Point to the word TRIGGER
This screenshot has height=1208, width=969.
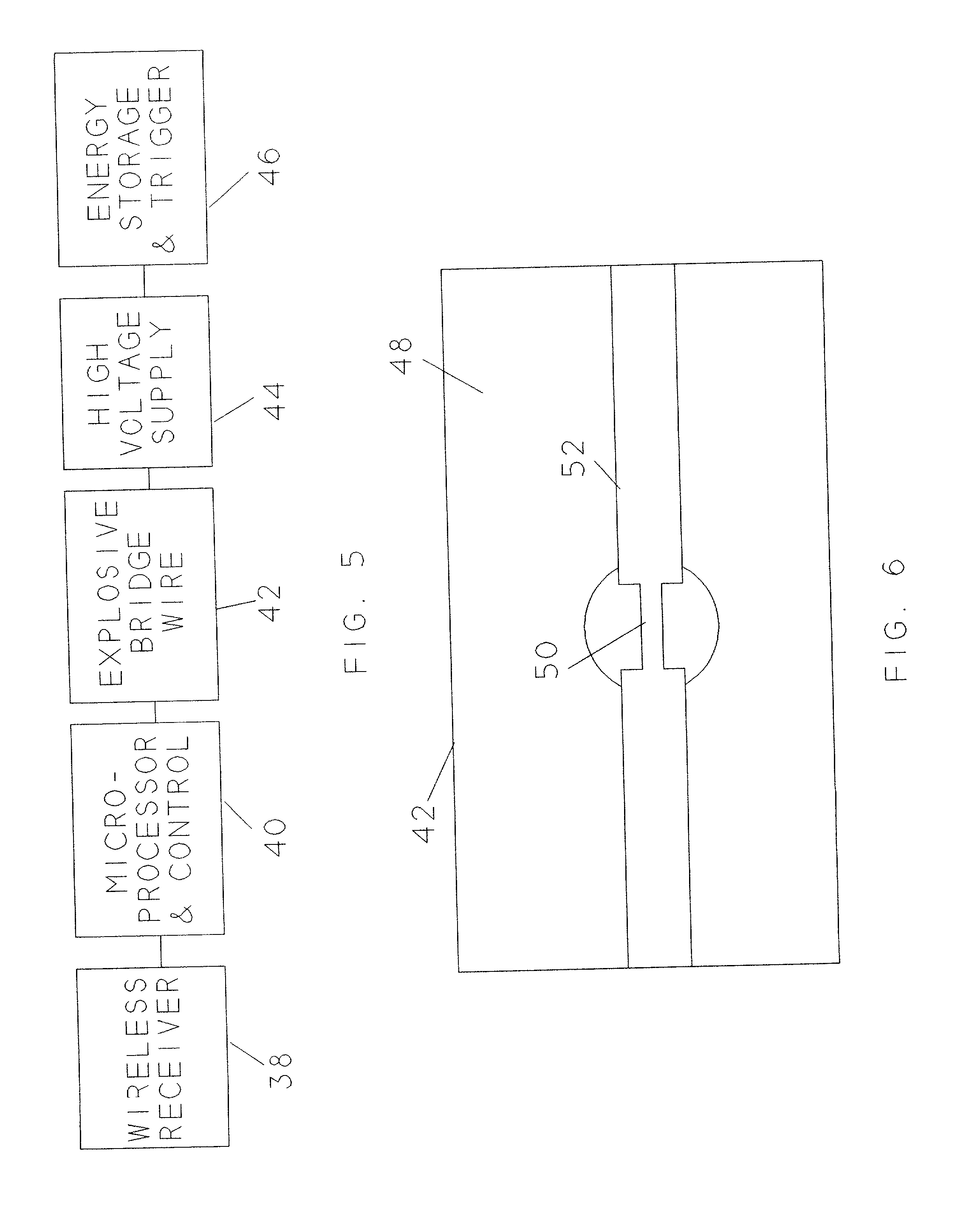click(161, 135)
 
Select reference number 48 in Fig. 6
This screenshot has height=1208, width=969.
click(401, 356)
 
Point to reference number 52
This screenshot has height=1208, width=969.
click(573, 458)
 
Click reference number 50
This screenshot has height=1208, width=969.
click(546, 660)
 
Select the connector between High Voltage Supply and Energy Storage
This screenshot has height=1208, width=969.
click(144, 281)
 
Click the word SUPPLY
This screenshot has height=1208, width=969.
click(163, 383)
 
